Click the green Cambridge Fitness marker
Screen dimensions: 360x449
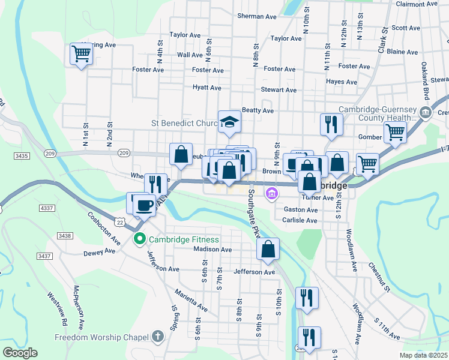[140, 239]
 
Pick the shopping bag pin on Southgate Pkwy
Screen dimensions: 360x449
[268, 249]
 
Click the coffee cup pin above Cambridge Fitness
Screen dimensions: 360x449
[144, 205]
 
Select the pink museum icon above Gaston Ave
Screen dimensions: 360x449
[272, 193]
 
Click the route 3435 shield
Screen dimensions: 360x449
[22, 156]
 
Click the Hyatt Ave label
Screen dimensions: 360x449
[207, 88]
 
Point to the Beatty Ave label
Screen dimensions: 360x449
[258, 110]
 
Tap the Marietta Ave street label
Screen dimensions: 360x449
[191, 301]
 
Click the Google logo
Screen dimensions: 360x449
[20, 353]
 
